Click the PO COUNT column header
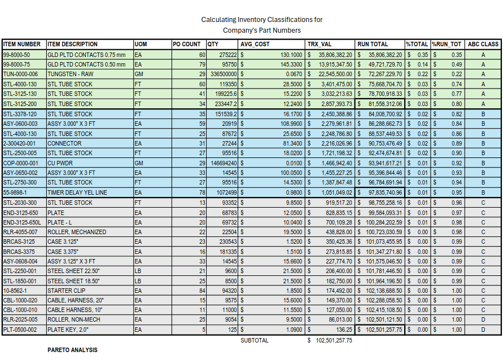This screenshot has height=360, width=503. tap(187, 44)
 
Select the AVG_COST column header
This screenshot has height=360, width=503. tap(255, 44)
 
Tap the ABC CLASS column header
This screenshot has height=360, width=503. tap(483, 44)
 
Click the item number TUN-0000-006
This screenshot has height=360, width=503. tap(20, 74)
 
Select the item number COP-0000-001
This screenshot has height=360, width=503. tap(21, 163)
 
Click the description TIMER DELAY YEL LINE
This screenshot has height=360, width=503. tap(77, 192)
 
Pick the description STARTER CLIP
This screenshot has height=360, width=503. tap(64, 291)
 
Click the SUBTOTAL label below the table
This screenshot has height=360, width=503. tap(255, 340)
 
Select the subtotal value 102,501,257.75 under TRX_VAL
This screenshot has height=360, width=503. tap(334, 340)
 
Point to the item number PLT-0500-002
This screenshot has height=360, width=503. tap(20, 330)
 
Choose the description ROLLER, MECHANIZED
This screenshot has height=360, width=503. tap(76, 232)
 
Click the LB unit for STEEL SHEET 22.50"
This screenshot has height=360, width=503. tap(138, 271)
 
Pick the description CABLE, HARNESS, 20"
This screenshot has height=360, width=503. tap(73, 301)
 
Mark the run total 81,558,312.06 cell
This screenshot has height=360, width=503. tap(379, 104)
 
